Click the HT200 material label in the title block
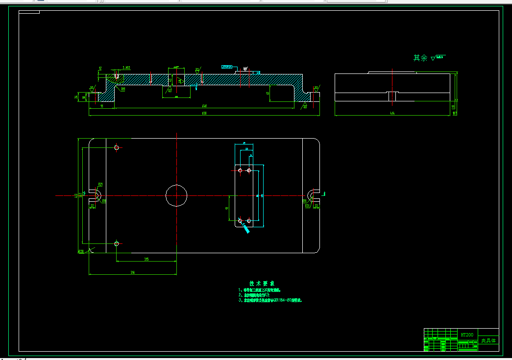[x=467, y=335]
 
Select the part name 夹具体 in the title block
[x=488, y=340]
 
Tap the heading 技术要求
[x=262, y=284]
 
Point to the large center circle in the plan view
[x=176, y=195]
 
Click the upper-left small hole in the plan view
[x=117, y=147]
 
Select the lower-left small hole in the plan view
[x=117, y=243]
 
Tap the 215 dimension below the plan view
[x=146, y=259]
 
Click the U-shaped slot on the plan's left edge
[x=96, y=195]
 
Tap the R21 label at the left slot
[x=100, y=185]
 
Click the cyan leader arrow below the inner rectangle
[x=244, y=227]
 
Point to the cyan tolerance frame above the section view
[x=227, y=67]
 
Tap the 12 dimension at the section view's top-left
[x=100, y=68]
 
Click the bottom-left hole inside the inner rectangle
[x=240, y=221]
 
